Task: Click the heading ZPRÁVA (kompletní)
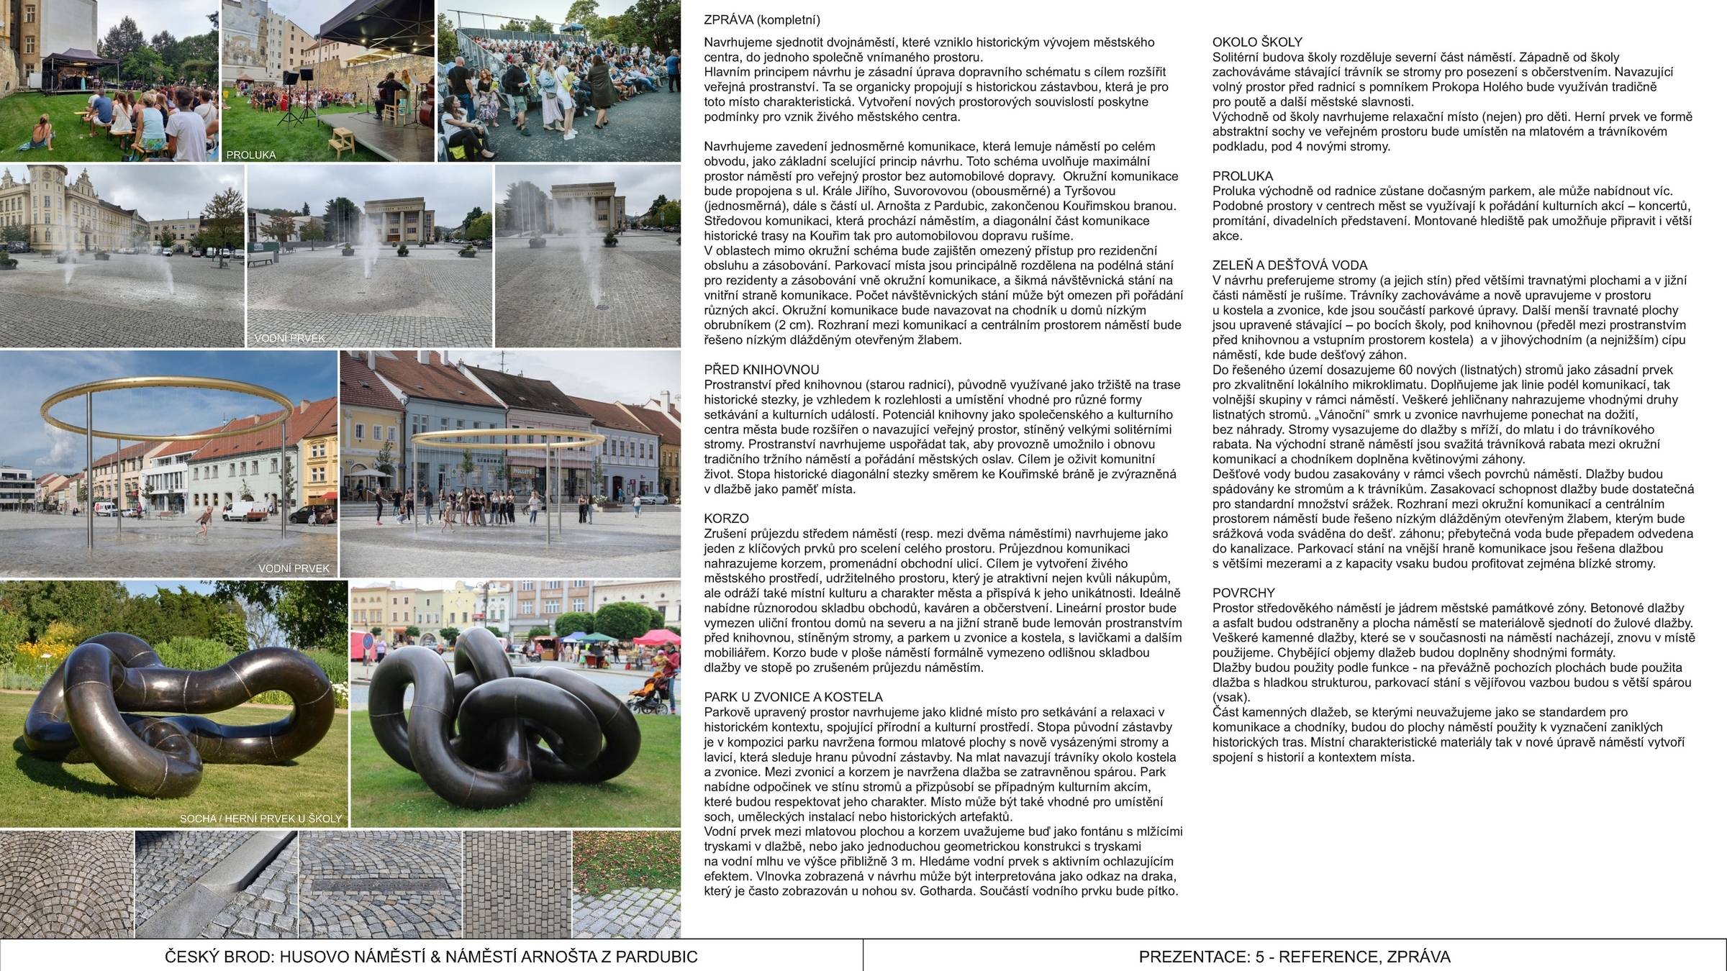click(x=762, y=20)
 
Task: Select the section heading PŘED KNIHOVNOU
click(x=761, y=370)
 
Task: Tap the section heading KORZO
click(x=726, y=519)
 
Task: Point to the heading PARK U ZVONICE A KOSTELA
click(x=793, y=697)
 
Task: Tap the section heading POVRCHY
click(x=1243, y=593)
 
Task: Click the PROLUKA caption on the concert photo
click(x=251, y=155)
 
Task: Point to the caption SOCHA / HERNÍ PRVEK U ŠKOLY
click(x=260, y=819)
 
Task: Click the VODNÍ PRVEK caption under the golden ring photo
click(x=294, y=569)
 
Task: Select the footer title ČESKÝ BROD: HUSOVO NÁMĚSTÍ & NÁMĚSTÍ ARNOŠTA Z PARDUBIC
click(x=431, y=957)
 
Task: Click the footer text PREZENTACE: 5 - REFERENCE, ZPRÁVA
click(x=1295, y=957)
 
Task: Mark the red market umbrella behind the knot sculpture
click(x=656, y=636)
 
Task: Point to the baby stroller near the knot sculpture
click(x=649, y=698)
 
